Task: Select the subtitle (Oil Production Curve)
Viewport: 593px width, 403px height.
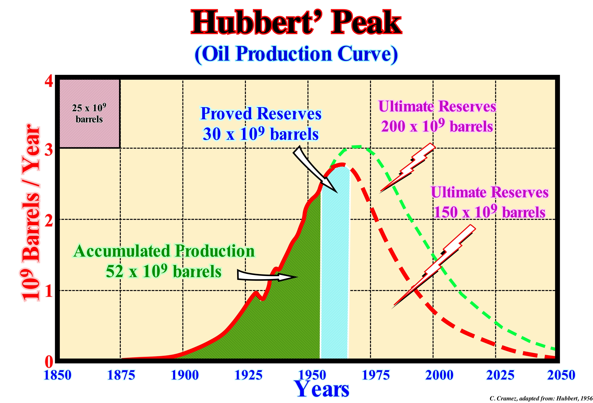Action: coord(296,54)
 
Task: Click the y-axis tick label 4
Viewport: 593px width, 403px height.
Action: coord(49,82)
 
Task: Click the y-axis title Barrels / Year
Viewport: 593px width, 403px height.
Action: coord(31,212)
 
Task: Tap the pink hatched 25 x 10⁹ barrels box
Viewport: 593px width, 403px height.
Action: coord(89,114)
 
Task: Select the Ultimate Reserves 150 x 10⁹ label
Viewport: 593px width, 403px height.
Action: coord(489,202)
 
